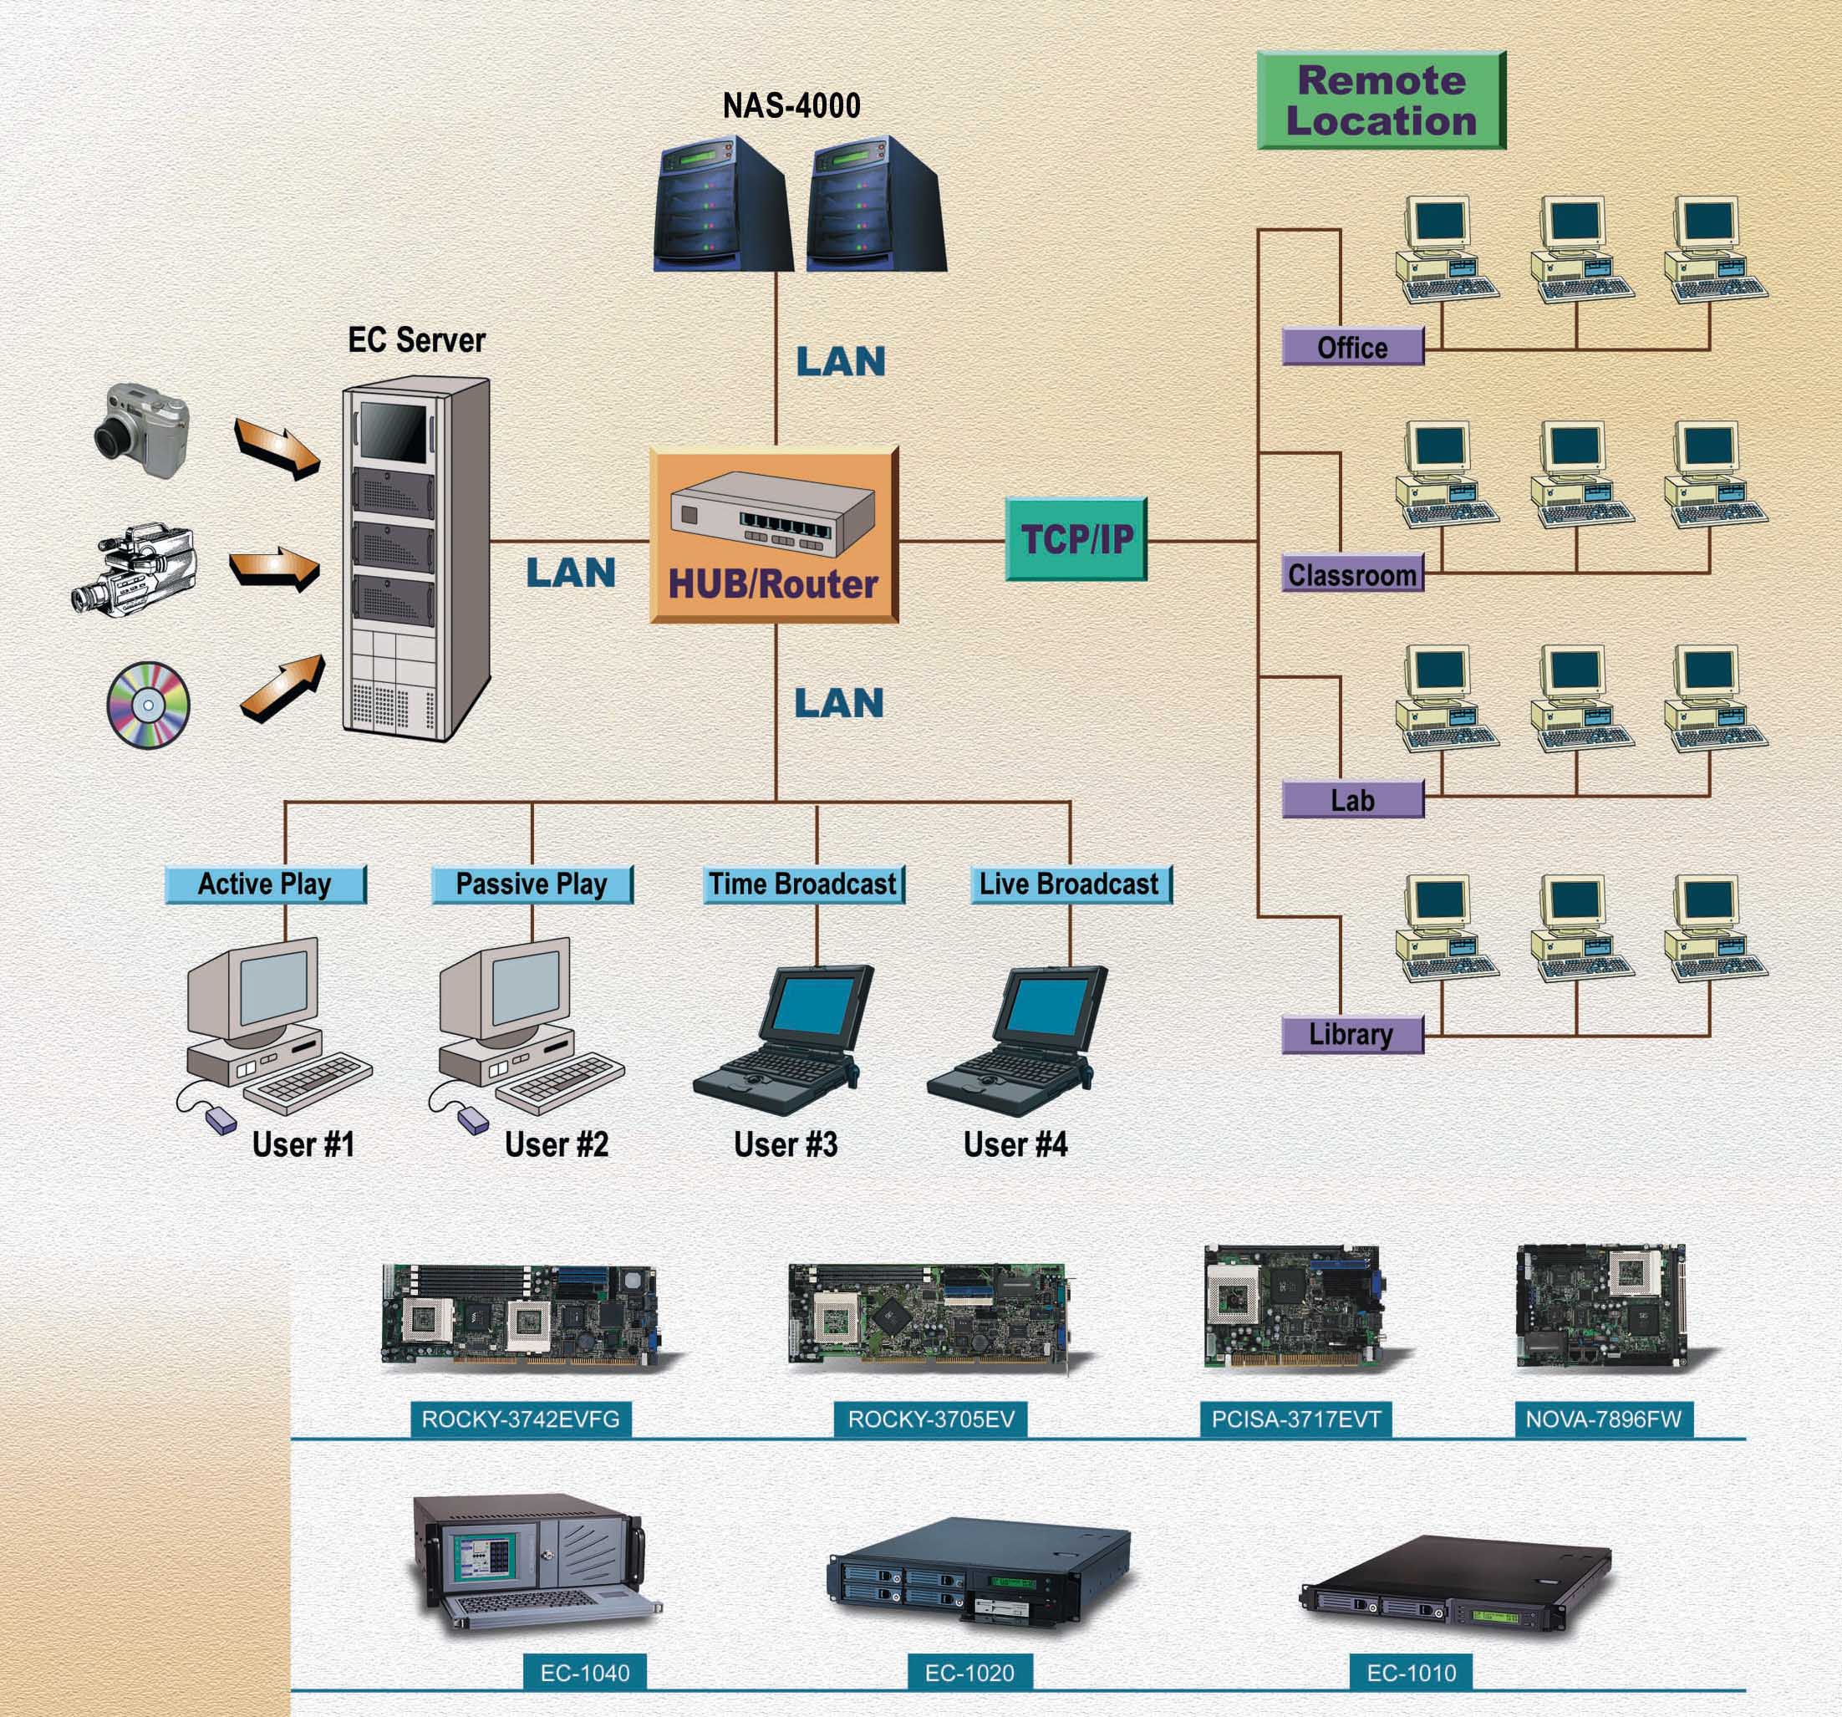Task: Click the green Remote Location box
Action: (x=1381, y=100)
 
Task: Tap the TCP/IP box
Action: (x=1076, y=538)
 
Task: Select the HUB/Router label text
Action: (x=773, y=584)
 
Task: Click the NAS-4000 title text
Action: (x=791, y=105)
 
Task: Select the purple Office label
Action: (x=1353, y=347)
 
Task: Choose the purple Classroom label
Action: (x=1353, y=574)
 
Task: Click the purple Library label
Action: (x=1353, y=1034)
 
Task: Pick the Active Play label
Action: (x=265, y=884)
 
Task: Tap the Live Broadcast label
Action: (x=1070, y=884)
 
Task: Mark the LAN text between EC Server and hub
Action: (x=571, y=573)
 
